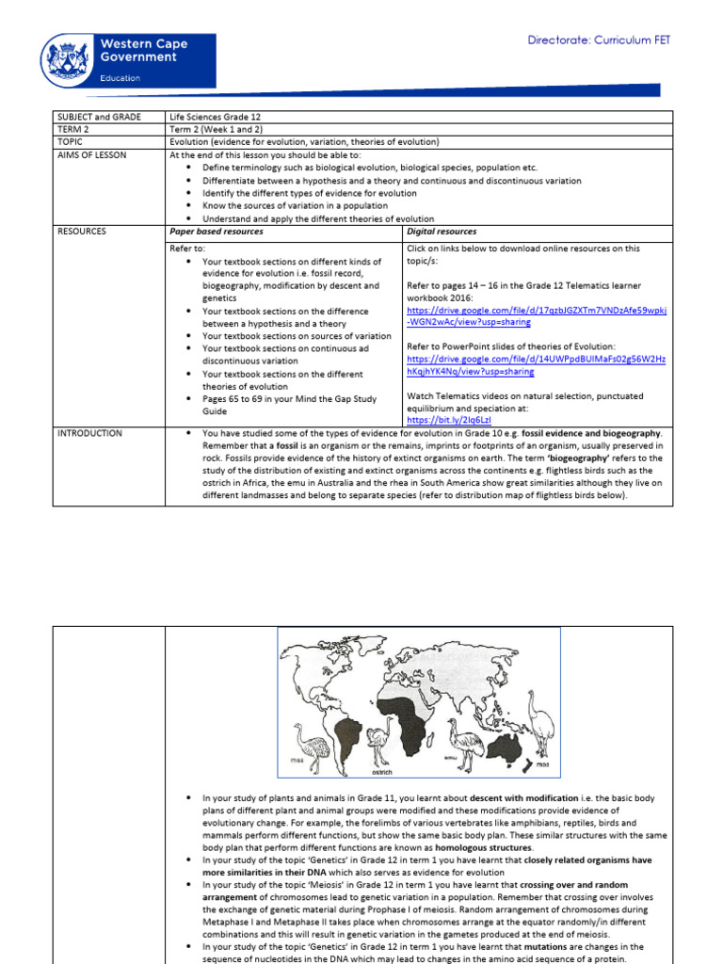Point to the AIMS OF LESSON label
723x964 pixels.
91,155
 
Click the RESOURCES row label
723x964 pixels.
82,232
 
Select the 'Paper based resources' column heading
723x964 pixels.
216,232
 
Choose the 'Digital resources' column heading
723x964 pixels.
442,232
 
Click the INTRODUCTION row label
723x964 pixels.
89,434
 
